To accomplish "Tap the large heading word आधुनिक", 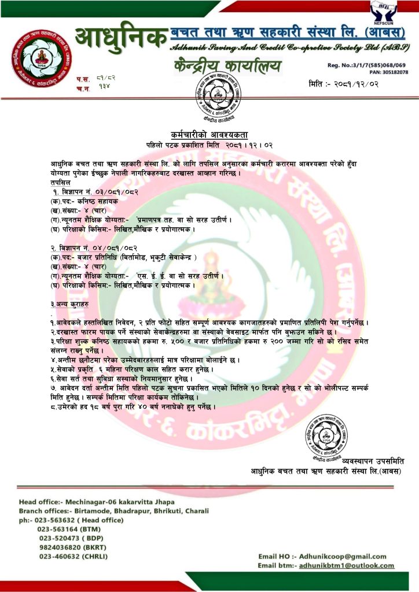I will click(120, 38).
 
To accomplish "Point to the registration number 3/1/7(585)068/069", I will click(379, 65).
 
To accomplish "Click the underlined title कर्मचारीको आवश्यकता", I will click(209, 133).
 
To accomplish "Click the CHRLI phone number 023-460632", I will click(61, 556).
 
